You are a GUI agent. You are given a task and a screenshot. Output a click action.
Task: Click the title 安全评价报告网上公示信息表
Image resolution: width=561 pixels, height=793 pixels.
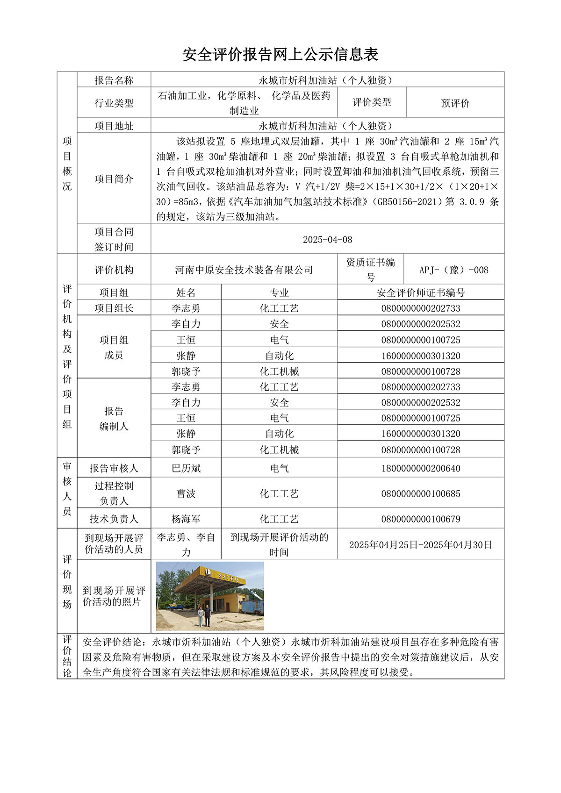(280, 55)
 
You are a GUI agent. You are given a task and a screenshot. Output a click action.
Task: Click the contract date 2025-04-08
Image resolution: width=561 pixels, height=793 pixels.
(327, 239)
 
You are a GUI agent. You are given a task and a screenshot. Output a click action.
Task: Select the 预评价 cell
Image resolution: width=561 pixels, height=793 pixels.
(455, 103)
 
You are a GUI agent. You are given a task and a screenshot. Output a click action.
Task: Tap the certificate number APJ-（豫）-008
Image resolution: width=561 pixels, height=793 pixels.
(453, 270)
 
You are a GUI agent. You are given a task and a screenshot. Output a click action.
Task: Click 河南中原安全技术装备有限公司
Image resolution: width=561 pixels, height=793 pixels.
(244, 270)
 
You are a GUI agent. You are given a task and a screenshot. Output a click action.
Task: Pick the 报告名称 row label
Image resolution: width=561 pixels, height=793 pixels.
(114, 80)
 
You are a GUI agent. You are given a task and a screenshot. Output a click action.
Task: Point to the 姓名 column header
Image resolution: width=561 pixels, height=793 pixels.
(186, 293)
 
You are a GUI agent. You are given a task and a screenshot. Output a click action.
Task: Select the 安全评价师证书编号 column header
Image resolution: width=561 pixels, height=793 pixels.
(420, 293)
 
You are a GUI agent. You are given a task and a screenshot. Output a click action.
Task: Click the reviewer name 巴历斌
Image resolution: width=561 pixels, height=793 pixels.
(186, 468)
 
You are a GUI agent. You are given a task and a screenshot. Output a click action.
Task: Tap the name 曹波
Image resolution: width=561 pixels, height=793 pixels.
(186, 493)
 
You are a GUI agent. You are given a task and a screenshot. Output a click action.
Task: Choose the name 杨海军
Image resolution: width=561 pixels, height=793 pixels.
(186, 519)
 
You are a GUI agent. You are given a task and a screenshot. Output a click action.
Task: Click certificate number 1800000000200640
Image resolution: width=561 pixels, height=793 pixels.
(420, 468)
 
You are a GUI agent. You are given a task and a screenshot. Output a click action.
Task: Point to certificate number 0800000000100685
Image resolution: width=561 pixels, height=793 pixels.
(420, 493)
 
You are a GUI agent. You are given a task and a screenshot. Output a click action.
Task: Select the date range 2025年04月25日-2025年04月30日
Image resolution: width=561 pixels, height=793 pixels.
(420, 544)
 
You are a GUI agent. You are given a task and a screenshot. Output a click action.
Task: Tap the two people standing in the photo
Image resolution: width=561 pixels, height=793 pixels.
(204, 615)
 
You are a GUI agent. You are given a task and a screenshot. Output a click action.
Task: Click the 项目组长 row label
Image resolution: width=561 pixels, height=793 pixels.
(114, 308)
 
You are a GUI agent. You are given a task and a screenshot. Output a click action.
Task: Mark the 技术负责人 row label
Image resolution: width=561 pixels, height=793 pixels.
(114, 519)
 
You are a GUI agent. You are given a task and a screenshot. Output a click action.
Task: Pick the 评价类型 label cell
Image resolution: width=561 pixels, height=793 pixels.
(372, 102)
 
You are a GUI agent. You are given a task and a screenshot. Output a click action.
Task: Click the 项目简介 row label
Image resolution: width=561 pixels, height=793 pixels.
(114, 179)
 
